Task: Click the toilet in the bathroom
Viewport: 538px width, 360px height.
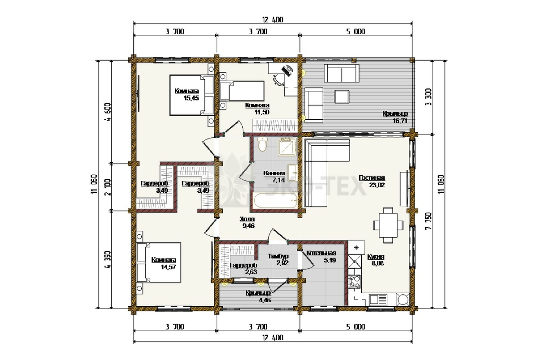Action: point(262,144)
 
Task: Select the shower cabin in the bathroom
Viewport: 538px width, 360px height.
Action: point(287,147)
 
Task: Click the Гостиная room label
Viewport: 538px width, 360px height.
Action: point(372,178)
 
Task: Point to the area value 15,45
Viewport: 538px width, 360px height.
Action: point(191,98)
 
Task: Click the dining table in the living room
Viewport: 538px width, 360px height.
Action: point(388,225)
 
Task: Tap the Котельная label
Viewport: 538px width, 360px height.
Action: point(321,253)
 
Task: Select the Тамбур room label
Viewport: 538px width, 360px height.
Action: point(278,256)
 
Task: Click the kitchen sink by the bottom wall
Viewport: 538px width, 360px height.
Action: point(378,300)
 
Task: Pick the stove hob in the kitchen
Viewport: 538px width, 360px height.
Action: point(354,282)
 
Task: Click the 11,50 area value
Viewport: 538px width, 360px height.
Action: point(262,112)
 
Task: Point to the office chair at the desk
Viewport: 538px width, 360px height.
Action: point(278,79)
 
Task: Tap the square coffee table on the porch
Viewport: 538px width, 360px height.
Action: point(342,96)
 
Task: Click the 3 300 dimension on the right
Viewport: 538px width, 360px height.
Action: point(429,97)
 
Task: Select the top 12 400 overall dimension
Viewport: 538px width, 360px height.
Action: point(273,20)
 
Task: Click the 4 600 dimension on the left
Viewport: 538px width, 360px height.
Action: point(108,112)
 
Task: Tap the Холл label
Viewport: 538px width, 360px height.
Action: point(247,219)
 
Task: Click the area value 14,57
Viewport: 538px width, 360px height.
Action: point(169,267)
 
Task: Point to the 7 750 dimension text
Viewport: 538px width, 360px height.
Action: point(429,221)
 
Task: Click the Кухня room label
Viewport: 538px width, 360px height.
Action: point(376,257)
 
